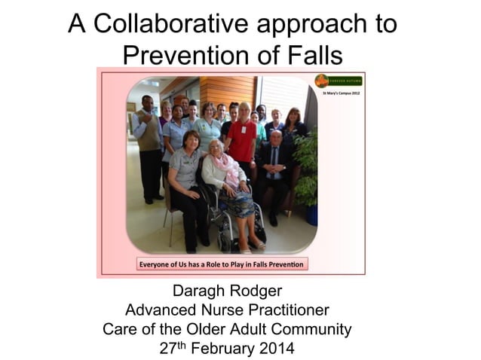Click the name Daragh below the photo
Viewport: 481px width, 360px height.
(201, 292)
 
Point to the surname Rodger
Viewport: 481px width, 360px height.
(266, 292)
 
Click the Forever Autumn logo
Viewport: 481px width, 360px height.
(339, 81)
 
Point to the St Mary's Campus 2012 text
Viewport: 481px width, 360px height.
(341, 93)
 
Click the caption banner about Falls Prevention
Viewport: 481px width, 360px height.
(221, 264)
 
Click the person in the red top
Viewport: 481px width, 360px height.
(243, 139)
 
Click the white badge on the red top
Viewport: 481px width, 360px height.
(244, 130)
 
